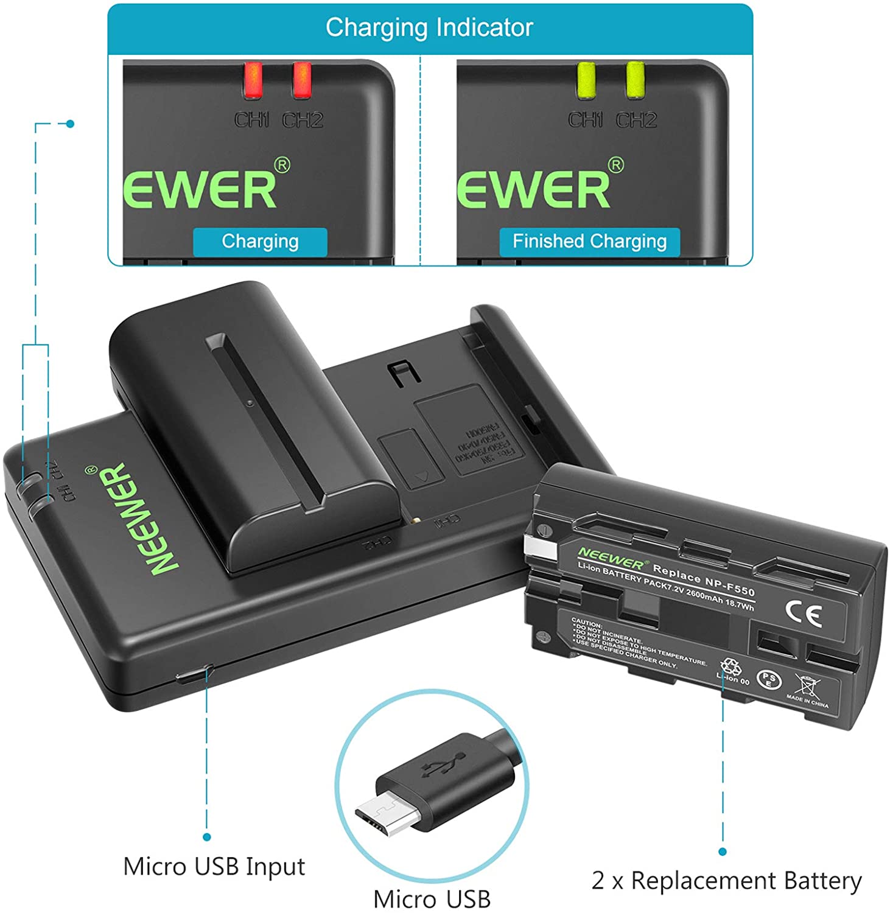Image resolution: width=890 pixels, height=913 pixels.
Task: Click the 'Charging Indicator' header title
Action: pos(429,28)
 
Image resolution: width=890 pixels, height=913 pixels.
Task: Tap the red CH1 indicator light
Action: pos(253,80)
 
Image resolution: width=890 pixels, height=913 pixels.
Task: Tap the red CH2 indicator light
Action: pos(301,80)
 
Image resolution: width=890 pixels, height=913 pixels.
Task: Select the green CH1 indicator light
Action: pos(586,80)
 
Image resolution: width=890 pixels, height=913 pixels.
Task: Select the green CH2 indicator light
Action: pos(635,80)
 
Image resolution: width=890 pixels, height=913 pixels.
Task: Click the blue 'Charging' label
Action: pos(260,242)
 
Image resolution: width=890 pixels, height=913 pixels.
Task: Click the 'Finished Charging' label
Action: pos(589,242)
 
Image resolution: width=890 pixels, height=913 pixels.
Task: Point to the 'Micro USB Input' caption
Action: pos(214,866)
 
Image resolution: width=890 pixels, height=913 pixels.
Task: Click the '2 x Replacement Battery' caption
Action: pos(726,881)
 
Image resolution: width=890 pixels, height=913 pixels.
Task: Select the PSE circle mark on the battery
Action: pos(768,679)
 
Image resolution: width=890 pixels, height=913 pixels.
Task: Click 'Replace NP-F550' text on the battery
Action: pos(703,579)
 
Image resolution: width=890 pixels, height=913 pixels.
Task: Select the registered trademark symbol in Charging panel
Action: pos(282,165)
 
